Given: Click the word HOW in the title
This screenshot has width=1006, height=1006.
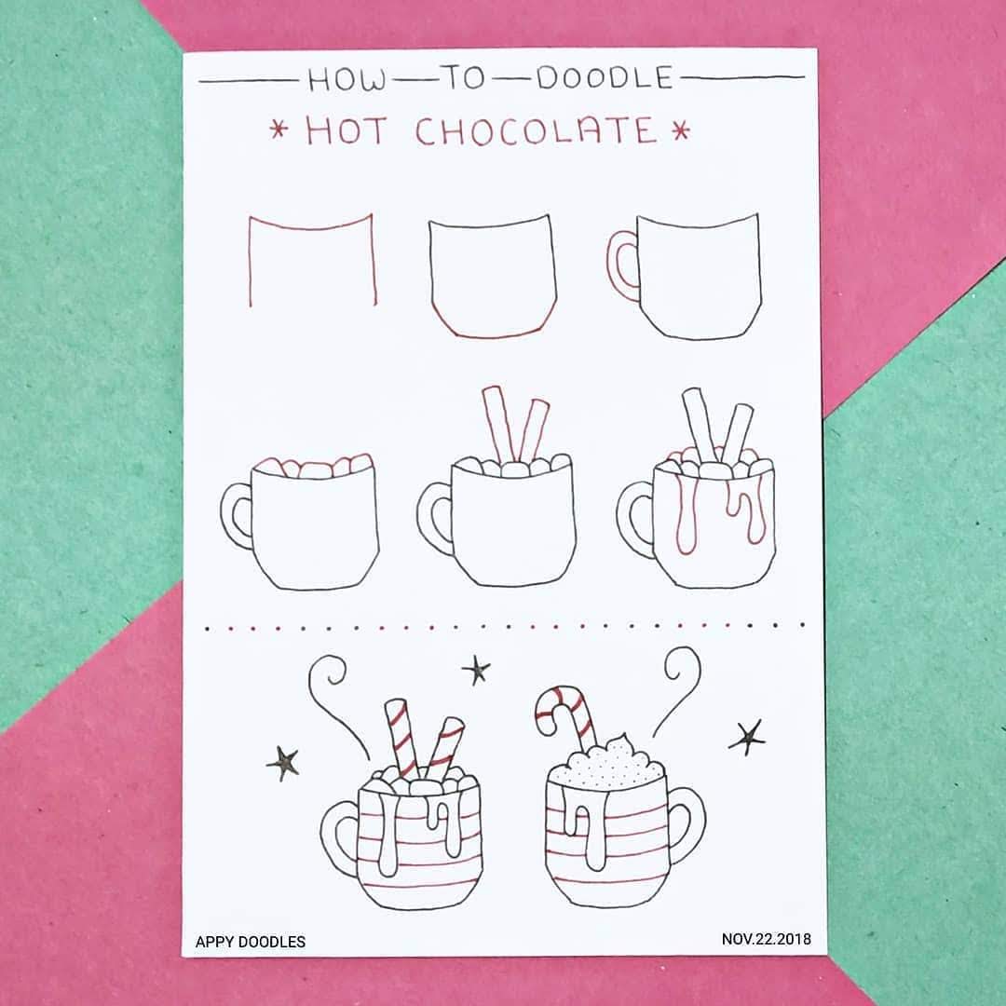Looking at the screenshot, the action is tap(347, 80).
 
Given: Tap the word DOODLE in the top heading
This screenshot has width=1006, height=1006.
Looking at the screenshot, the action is tap(605, 77).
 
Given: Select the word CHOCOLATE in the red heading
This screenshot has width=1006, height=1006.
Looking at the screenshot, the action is tap(536, 131).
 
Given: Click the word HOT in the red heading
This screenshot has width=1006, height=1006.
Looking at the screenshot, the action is tap(347, 131).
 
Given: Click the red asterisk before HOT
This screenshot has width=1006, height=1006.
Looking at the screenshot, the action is tap(279, 130).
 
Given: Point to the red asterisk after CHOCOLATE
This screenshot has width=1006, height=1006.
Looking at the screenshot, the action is tap(681, 131).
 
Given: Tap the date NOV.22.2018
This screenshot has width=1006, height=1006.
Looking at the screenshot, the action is tap(766, 939).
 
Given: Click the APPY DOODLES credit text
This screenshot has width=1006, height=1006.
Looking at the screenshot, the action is tap(251, 942).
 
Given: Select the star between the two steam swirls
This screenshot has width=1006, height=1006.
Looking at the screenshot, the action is tap(476, 671).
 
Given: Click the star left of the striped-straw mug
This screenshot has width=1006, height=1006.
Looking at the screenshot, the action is tap(283, 764).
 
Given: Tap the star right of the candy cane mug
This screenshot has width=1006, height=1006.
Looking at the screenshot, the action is tap(747, 738).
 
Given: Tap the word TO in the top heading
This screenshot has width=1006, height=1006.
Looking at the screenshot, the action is tap(465, 78).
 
